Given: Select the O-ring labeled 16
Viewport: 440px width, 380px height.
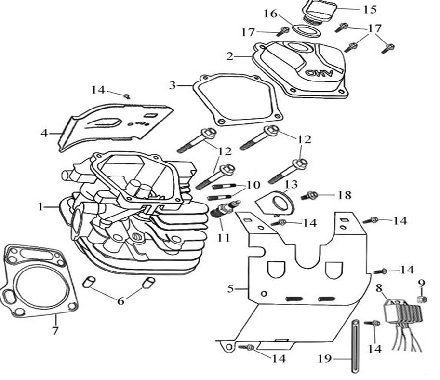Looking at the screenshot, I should coord(306,31).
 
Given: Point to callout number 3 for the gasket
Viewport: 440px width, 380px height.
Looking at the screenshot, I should coord(173,86).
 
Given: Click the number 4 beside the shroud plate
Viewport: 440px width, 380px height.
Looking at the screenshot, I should coord(44,133).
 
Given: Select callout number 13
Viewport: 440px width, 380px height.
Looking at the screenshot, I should coord(288,185).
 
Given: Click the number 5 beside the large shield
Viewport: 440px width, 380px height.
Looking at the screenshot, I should coord(230,289).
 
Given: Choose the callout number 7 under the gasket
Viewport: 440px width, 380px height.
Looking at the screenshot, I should coord(55,331).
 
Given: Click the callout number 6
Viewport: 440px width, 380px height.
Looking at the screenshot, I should coord(120,301).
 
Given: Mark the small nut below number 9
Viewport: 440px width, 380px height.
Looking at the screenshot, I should coord(420,299).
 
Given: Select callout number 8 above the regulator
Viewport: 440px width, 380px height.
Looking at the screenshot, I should coord(379,289).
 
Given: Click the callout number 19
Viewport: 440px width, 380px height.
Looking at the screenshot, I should coord(324,359).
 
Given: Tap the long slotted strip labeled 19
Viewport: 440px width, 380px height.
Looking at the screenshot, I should coord(356,346).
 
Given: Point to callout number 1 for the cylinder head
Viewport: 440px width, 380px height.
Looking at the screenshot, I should coord(41,206).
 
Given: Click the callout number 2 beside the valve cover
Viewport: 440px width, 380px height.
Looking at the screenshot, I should coord(230,56).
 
